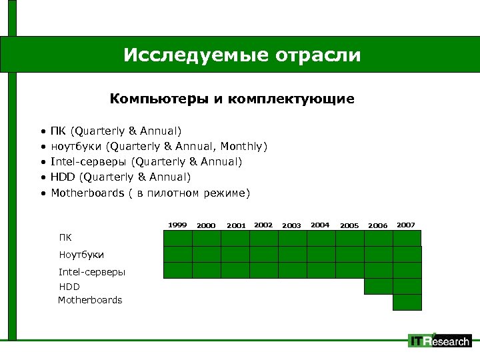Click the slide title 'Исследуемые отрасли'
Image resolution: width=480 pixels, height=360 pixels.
point(241,55)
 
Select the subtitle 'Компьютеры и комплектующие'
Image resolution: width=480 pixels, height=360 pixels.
point(232,99)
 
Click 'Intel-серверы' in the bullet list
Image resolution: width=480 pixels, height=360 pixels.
point(89,161)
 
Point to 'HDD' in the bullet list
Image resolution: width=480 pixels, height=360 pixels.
point(63,177)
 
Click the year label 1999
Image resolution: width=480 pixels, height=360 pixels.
point(177,225)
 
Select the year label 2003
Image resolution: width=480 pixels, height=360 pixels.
point(292,225)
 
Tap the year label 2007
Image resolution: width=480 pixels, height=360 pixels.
point(406,225)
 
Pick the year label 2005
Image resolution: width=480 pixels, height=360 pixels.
point(349,225)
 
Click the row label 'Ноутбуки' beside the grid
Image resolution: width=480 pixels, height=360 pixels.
point(81,255)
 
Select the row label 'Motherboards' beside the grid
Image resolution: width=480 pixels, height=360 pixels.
point(90,300)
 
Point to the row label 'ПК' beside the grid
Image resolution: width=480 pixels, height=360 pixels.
point(65,237)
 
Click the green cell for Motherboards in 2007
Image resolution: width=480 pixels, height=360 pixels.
point(407,302)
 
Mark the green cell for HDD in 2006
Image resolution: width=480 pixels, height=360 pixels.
point(378,286)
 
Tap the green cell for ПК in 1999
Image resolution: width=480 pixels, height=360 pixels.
point(178,238)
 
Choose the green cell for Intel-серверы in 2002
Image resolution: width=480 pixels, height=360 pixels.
point(263,270)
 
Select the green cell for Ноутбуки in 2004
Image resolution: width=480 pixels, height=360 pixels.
point(321,254)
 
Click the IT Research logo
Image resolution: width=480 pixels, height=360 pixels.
point(439,341)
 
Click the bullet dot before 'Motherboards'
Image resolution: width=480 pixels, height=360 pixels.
point(43,193)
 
